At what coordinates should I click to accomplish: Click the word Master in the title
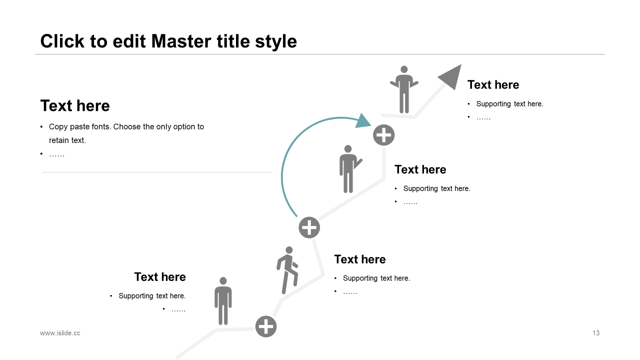coord(181,41)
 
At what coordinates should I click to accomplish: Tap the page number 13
coord(596,333)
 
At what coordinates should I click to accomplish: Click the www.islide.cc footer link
coord(60,333)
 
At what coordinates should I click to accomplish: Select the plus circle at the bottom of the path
coord(266,326)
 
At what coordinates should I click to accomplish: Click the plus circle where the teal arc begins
coord(309,227)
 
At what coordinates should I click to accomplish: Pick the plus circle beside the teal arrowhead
coord(383,135)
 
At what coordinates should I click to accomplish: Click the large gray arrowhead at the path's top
coord(451,76)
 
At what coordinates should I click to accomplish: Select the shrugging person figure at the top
coord(404,90)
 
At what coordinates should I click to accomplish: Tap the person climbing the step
coord(287,270)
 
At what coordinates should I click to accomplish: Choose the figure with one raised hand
coord(348,169)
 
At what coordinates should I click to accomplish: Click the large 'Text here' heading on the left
coord(75,106)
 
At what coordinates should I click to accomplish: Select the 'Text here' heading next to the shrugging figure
coord(493,85)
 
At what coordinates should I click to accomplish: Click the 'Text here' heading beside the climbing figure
coord(360,259)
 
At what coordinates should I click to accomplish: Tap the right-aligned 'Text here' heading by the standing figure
coord(160,277)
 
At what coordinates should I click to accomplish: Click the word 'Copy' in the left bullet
coord(58,127)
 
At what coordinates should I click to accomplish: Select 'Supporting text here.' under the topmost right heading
coord(509,104)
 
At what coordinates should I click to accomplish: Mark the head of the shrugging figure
coord(404,70)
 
